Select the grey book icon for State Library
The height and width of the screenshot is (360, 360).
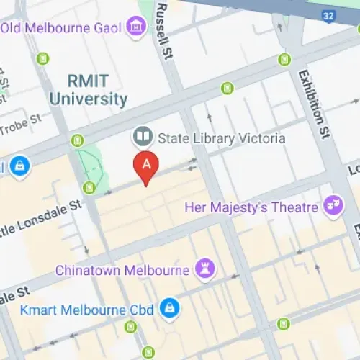pyautogui.click(x=140, y=136)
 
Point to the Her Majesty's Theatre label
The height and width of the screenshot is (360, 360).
pyautogui.click(x=251, y=207)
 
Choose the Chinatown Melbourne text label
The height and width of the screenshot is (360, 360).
pyautogui.click(x=125, y=271)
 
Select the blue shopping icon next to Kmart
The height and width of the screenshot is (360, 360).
pyautogui.click(x=169, y=307)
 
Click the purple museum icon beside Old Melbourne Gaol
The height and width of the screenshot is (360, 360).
pyautogui.click(x=134, y=27)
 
